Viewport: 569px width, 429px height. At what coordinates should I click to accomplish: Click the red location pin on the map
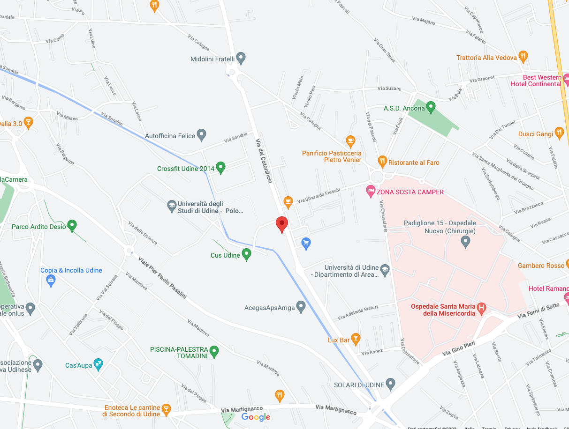281,224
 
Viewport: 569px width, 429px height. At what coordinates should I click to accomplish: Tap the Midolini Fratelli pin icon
241,59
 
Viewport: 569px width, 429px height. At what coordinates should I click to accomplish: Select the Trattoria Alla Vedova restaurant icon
524,57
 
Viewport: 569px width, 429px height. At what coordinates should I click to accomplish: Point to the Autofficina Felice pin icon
202,135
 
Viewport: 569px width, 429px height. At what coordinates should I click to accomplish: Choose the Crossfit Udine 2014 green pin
220,168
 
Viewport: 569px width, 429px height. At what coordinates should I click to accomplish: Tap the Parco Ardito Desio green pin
72,226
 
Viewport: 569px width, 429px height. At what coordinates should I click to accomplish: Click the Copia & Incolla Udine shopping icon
51,281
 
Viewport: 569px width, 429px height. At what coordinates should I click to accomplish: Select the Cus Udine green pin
246,254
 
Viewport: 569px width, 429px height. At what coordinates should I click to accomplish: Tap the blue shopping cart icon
306,243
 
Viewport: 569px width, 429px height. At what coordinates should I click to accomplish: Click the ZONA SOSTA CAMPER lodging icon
371,191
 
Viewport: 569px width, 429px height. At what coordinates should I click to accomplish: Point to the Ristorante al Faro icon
382,162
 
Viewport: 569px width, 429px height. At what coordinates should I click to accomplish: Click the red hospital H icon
481,308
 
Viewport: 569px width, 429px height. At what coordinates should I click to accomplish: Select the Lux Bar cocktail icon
356,339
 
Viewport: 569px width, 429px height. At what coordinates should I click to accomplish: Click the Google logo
256,417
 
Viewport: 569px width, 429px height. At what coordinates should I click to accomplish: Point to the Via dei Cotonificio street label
264,161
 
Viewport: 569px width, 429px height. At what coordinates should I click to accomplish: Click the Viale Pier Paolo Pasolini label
162,278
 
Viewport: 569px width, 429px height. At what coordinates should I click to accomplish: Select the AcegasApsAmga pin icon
301,307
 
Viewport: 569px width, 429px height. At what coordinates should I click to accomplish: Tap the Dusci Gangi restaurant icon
559,133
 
